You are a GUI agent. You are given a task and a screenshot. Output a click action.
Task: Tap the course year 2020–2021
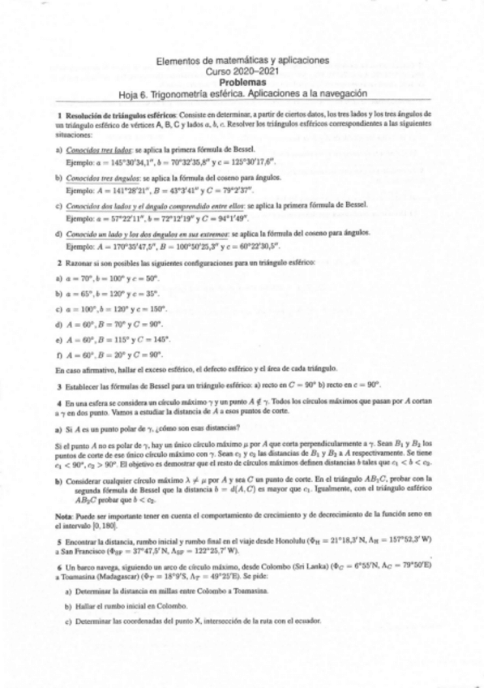click(x=242, y=71)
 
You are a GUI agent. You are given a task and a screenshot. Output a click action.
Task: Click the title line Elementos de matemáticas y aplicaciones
click(x=242, y=61)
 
